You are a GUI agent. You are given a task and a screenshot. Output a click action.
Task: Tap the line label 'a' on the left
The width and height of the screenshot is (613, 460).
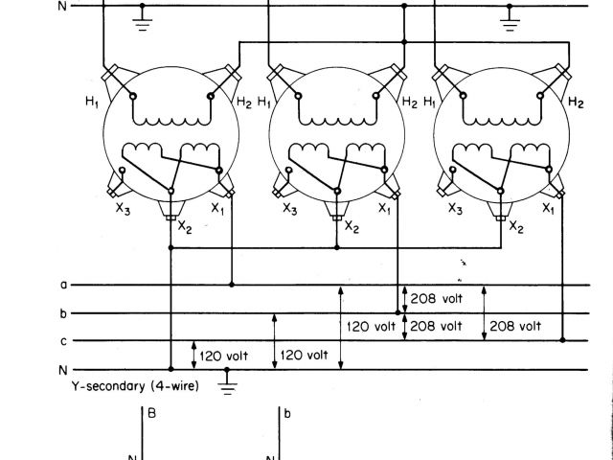click(63, 285)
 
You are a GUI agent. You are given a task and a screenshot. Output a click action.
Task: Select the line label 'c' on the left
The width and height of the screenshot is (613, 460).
click(63, 341)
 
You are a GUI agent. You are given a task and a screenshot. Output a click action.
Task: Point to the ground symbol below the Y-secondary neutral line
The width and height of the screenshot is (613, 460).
click(227, 384)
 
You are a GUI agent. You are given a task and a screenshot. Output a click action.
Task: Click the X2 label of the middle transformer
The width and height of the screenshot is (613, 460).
click(352, 227)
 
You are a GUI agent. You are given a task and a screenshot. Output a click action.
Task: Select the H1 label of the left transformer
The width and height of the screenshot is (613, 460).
click(92, 103)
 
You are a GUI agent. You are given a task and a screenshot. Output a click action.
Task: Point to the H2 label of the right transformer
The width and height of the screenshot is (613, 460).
click(576, 103)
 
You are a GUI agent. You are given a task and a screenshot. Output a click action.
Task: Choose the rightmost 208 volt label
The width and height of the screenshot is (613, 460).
click(515, 326)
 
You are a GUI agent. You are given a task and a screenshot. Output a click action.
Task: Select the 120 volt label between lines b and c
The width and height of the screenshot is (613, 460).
click(372, 326)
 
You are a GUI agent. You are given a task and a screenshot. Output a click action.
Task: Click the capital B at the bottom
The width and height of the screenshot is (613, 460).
click(150, 414)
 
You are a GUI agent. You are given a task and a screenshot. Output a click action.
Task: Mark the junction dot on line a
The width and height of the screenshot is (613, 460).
click(232, 285)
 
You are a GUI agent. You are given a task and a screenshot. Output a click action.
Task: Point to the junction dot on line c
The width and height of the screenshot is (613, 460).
click(562, 340)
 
